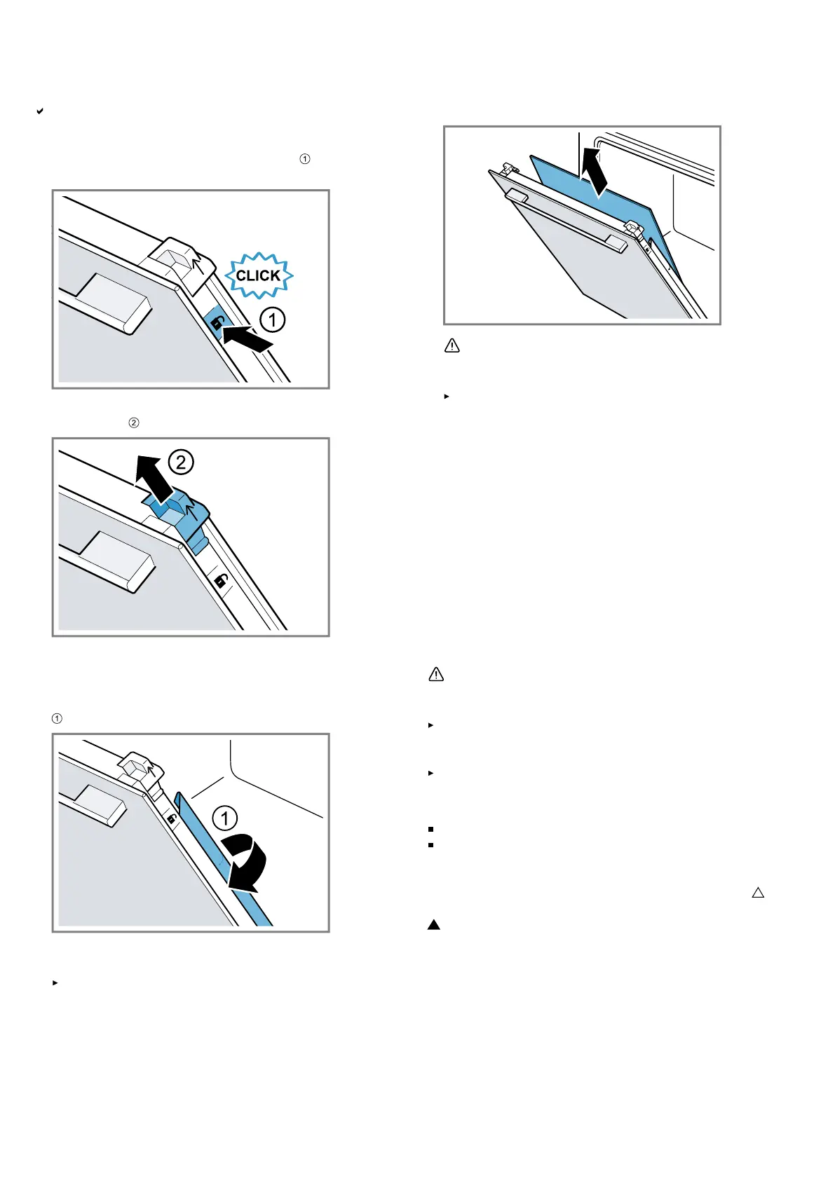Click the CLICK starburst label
[x=259, y=275]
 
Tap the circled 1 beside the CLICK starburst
[x=273, y=320]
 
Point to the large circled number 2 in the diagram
[x=181, y=462]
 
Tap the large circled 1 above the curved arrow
[x=225, y=818]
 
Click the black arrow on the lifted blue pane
[x=596, y=170]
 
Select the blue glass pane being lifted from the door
[x=603, y=203]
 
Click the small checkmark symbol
[x=40, y=111]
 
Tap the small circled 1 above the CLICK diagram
[x=305, y=159]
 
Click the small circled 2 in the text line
[x=134, y=423]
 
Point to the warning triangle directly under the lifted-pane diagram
[x=452, y=345]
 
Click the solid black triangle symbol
[x=434, y=925]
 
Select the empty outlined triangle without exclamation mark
[x=758, y=893]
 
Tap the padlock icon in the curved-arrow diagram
[x=171, y=818]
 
